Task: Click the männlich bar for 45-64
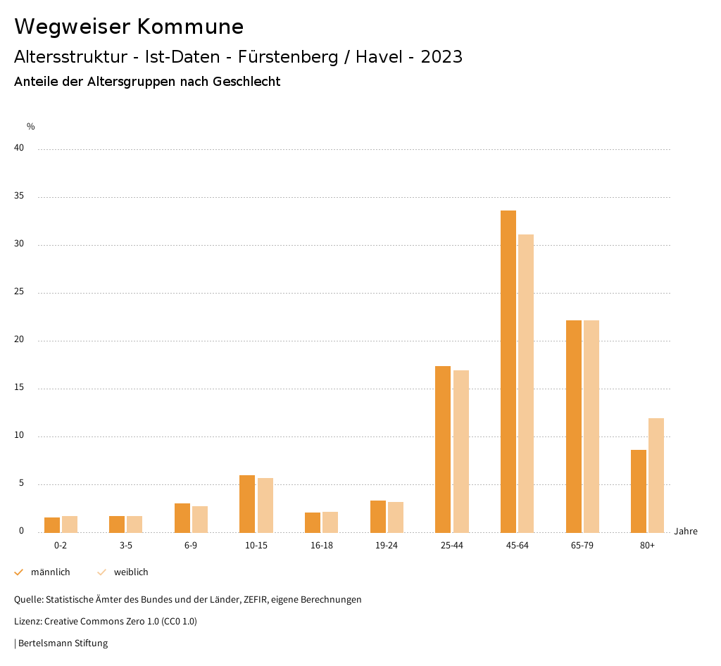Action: pyautogui.click(x=508, y=371)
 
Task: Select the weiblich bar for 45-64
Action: pyautogui.click(x=526, y=383)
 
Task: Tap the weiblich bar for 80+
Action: pyautogui.click(x=656, y=475)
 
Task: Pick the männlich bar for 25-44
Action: pyautogui.click(x=443, y=449)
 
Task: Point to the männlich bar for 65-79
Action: pyautogui.click(x=574, y=426)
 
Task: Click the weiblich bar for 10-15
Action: pyautogui.click(x=265, y=505)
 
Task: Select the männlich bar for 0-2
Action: pyautogui.click(x=52, y=524)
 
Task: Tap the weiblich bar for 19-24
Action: pyautogui.click(x=396, y=517)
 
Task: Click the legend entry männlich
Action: pyautogui.click(x=50, y=572)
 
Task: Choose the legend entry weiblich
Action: pyautogui.click(x=131, y=572)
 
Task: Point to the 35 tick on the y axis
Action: pyautogui.click(x=19, y=196)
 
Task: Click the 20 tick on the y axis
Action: pyautogui.click(x=19, y=340)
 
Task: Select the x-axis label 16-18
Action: pyautogui.click(x=322, y=546)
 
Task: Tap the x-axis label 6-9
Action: pyautogui.click(x=191, y=546)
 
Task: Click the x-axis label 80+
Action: pyautogui.click(x=648, y=546)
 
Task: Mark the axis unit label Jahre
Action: pyautogui.click(x=686, y=532)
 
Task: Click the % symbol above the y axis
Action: pyautogui.click(x=31, y=127)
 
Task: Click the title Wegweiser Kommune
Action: pyautogui.click(x=129, y=27)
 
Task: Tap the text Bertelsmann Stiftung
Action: pyautogui.click(x=63, y=643)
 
